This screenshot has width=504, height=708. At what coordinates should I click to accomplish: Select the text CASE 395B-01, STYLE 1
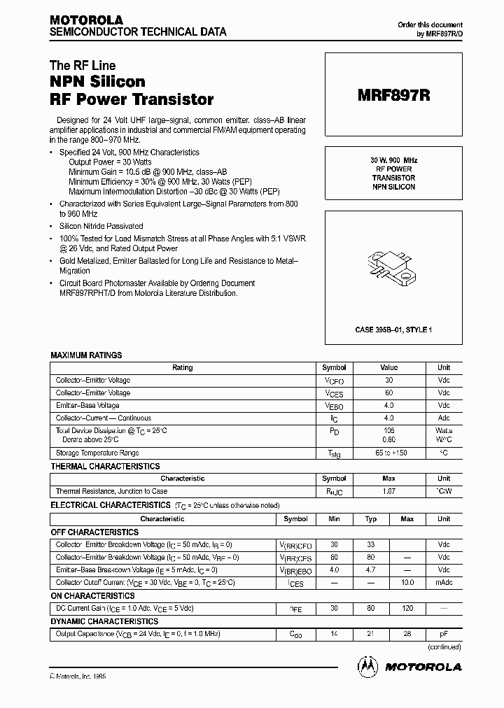[393, 329]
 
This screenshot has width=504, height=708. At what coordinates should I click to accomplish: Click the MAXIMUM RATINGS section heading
[86, 355]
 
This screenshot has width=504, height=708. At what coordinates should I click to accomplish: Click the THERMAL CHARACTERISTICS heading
[105, 467]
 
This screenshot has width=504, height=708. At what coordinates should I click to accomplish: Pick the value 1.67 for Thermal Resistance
[388, 492]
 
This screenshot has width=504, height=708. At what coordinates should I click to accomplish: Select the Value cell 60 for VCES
[388, 393]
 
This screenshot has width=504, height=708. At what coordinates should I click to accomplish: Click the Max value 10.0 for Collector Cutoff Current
[407, 582]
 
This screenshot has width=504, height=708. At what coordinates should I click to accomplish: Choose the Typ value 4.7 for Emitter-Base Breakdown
[370, 570]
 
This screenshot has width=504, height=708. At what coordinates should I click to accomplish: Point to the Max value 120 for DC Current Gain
[407, 609]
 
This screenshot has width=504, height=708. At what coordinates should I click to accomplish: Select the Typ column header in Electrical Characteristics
[370, 519]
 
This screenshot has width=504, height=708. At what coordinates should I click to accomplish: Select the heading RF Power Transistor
[131, 99]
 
